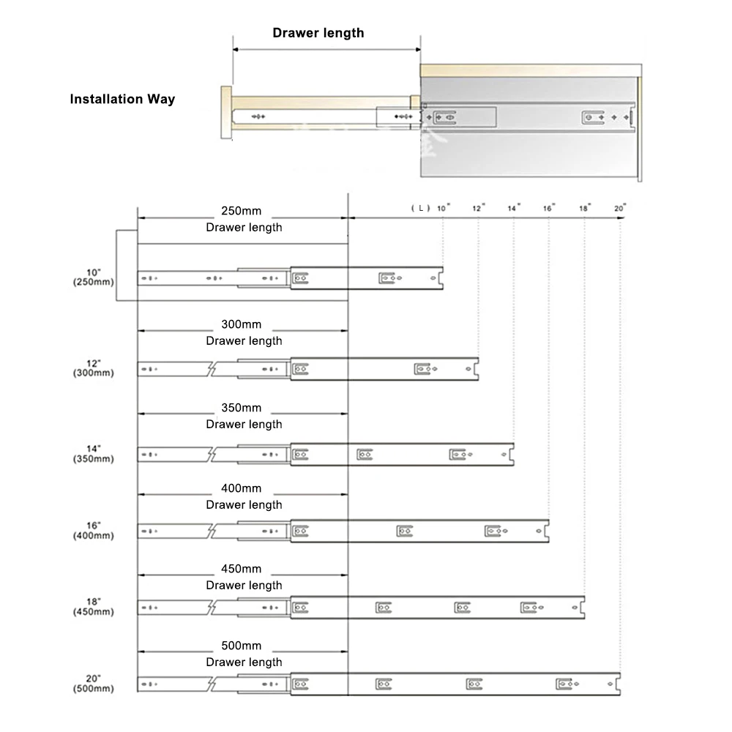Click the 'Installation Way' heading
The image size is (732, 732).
tap(122, 99)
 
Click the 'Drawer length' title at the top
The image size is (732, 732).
tap(318, 33)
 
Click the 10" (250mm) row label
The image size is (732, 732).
tap(94, 276)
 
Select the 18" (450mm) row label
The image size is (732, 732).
tap(94, 606)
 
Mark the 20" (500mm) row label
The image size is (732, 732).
tap(94, 683)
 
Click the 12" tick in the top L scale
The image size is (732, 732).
tap(478, 209)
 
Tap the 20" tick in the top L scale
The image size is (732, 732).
tap(620, 209)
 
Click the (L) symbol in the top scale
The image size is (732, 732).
tap(420, 209)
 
